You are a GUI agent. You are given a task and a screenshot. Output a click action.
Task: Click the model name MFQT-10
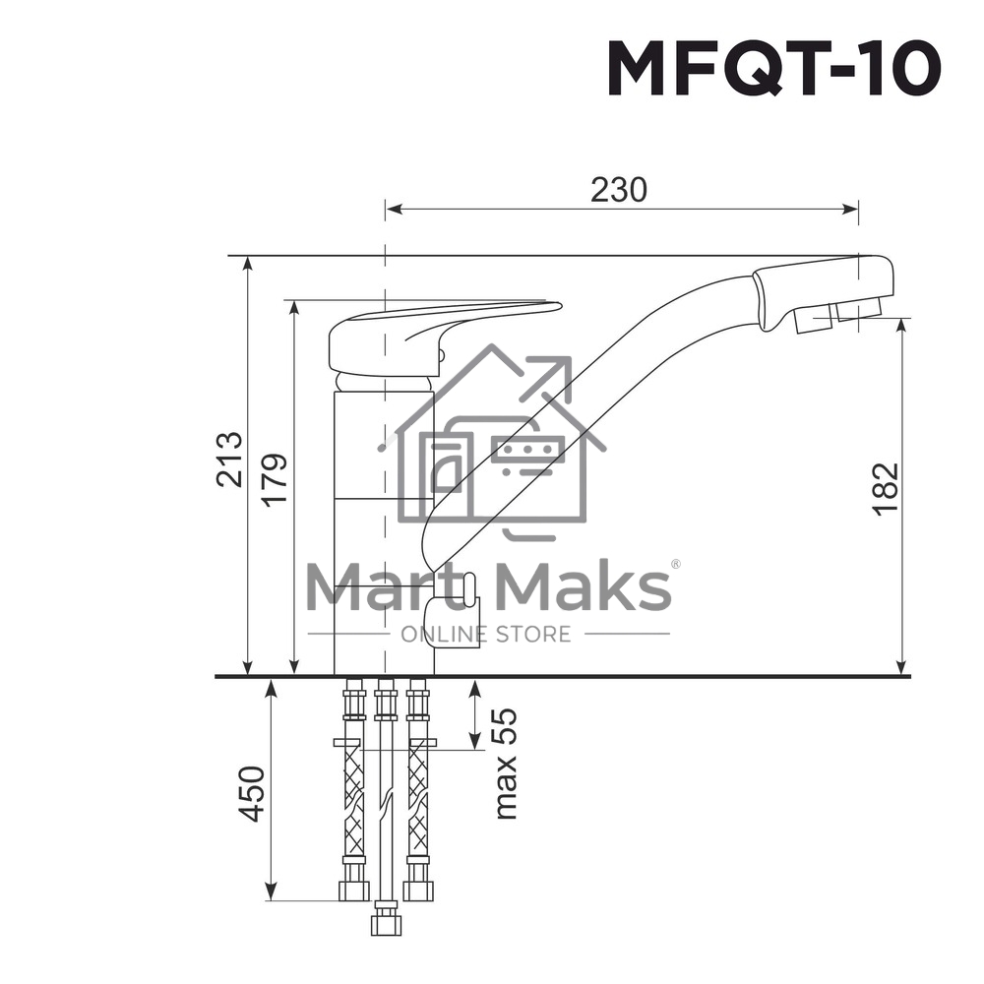pos(773,69)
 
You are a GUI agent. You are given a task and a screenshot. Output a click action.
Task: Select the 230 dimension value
pos(619,189)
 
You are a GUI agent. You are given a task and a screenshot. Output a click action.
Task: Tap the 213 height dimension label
pos(229,459)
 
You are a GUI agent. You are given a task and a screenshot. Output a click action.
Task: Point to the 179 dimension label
pos(275,479)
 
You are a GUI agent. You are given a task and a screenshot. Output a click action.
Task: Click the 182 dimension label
pos(886,488)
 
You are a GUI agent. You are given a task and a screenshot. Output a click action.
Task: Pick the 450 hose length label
pos(252,793)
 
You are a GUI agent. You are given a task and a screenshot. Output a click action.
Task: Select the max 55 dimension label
pos(505,763)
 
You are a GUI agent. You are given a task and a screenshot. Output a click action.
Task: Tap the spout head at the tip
pos(825,290)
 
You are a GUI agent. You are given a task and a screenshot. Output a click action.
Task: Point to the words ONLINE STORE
pos(486,634)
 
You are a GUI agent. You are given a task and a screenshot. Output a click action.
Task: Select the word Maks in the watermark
pos(584,586)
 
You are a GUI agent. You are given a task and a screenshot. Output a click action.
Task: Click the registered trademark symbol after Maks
pos(675,565)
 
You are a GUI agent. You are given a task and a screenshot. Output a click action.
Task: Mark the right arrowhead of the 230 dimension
pos(851,209)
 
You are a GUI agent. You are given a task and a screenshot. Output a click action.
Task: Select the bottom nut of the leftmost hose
pos(353,891)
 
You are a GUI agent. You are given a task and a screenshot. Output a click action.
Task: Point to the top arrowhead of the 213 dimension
pos(248,264)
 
